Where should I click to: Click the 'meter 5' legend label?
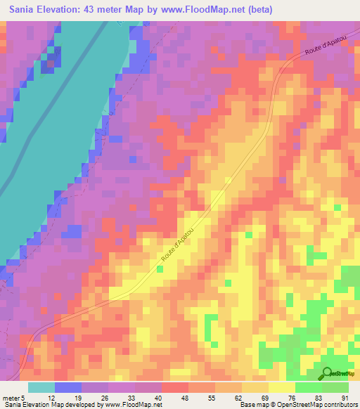pyautogui.click(x=13, y=397)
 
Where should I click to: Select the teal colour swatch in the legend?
pyautogui.click(x=41, y=387)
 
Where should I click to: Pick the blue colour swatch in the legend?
pyautogui.click(x=68, y=387)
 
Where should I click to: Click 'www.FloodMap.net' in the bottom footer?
pyautogui.click(x=134, y=405)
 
